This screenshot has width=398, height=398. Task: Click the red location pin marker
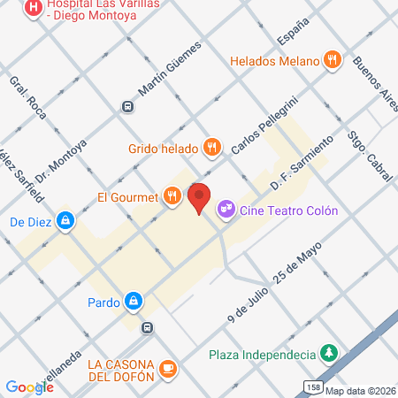199,197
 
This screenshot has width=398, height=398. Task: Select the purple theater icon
226,209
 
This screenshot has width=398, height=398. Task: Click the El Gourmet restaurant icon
172,196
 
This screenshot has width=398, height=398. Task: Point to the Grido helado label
163,148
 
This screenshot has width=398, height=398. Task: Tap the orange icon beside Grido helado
211,147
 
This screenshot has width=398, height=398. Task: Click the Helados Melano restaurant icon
333,60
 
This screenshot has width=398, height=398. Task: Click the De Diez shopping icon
65,221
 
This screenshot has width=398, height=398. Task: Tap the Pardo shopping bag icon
133,301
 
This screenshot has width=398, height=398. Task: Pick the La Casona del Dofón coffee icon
168,368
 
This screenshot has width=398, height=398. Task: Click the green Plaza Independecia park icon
328,354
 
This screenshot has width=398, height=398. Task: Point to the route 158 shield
312,387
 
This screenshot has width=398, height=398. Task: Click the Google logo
29,387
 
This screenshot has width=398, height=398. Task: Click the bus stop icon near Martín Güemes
128,107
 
